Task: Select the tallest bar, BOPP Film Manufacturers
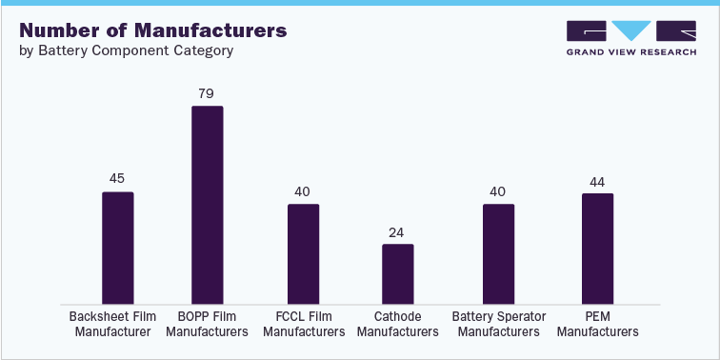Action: pos(207,205)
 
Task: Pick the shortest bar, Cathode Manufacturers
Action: pos(398,274)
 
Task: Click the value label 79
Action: pos(207,93)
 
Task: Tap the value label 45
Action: pos(117,178)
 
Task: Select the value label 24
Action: pos(398,231)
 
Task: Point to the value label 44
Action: pos(597,180)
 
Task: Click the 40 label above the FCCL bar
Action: pos(303,191)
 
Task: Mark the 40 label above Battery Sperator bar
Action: pos(498,191)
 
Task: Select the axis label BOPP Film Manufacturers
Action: pos(207,324)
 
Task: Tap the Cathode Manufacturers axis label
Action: pos(398,324)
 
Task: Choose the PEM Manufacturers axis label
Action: pos(597,324)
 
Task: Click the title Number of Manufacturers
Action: pos(152,30)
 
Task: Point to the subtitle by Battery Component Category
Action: pos(126,50)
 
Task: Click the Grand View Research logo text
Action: pos(631,53)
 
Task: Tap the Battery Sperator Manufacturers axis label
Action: pos(498,324)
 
